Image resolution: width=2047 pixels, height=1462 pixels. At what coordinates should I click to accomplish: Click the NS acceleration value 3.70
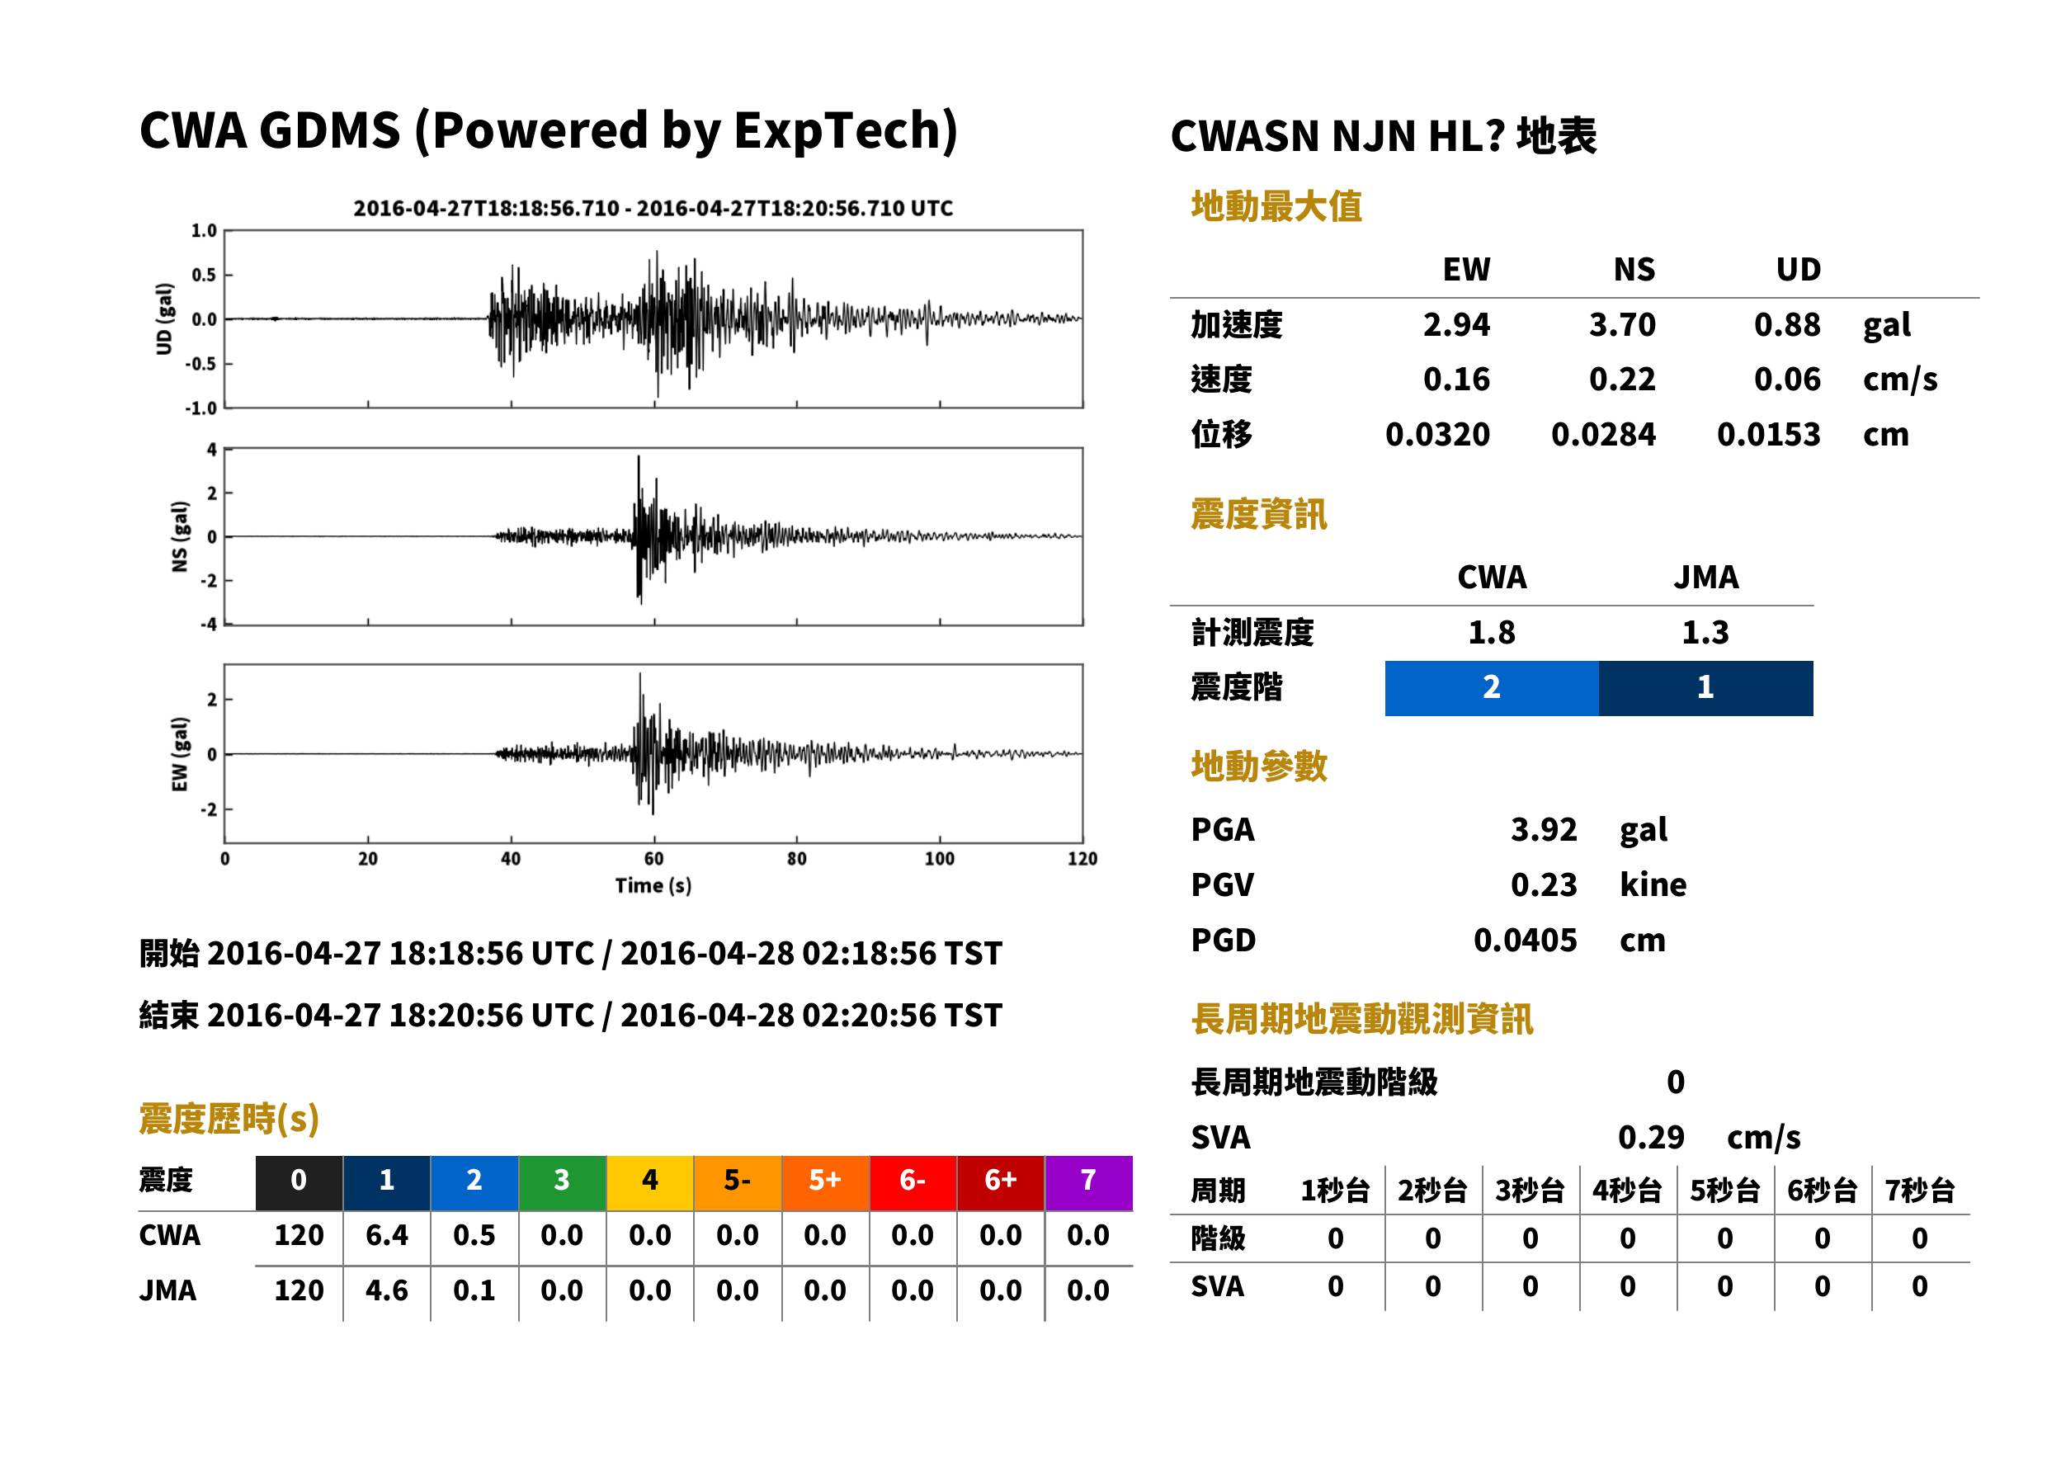[1622, 325]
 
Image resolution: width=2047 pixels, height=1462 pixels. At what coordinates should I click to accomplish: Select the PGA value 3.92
[1544, 829]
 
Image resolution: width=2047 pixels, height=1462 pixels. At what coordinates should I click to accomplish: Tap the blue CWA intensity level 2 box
[1492, 688]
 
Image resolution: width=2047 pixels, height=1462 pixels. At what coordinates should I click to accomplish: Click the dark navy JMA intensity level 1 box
[1706, 688]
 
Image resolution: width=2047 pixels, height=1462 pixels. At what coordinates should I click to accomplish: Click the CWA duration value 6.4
[386, 1235]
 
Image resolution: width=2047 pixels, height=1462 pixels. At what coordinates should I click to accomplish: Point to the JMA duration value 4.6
[386, 1290]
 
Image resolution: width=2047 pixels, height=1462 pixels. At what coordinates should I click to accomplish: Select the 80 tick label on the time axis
[797, 859]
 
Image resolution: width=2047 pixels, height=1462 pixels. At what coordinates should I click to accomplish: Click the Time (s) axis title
[653, 886]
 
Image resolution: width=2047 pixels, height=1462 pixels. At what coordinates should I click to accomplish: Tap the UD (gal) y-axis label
[164, 318]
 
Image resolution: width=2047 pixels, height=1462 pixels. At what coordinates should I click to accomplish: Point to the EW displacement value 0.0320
[1437, 435]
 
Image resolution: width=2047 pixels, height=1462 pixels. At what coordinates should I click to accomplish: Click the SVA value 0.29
[1651, 1137]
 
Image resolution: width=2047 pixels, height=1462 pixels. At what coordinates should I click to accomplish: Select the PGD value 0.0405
[1525, 940]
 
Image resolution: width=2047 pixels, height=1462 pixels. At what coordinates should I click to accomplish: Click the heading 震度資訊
[1258, 515]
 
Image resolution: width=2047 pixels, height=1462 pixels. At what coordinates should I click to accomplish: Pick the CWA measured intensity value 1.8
[1492, 633]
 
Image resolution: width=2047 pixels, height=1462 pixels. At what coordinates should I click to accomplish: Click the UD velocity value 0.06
[1787, 380]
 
